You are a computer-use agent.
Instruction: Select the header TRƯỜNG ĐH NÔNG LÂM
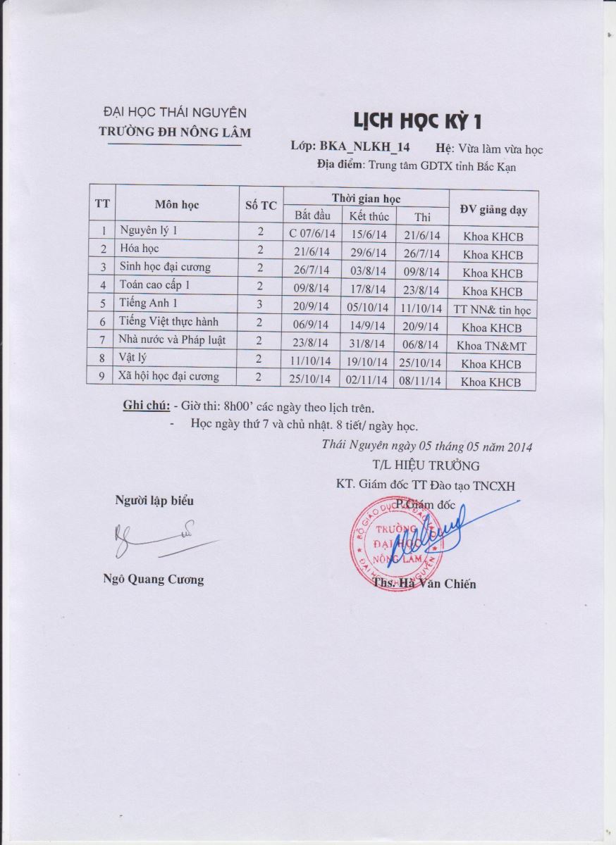pyautogui.click(x=174, y=132)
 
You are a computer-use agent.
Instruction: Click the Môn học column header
pyautogui.click(x=177, y=205)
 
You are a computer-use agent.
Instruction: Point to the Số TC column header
pyautogui.click(x=260, y=206)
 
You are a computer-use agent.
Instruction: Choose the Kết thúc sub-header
pyautogui.click(x=369, y=215)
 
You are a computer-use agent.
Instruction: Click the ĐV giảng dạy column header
pyautogui.click(x=493, y=209)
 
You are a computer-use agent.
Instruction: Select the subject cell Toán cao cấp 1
pyautogui.click(x=154, y=285)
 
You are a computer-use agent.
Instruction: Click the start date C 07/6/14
pyautogui.click(x=312, y=234)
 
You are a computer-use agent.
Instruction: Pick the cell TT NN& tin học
pyautogui.click(x=493, y=309)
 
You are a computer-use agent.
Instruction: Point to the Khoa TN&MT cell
pyautogui.click(x=492, y=346)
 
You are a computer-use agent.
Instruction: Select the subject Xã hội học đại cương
pyautogui.click(x=168, y=377)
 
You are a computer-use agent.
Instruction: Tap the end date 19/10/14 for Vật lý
pyautogui.click(x=369, y=363)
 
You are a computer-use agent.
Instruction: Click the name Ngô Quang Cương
pyautogui.click(x=153, y=580)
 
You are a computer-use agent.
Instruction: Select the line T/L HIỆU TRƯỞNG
pyautogui.click(x=426, y=465)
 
